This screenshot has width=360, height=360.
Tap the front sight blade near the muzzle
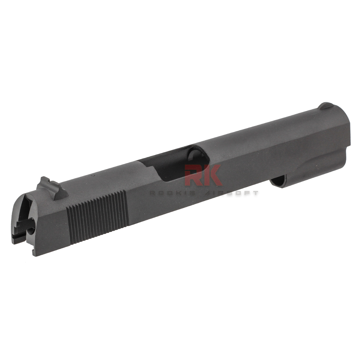pos(326,105)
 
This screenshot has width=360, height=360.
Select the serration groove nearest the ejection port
pos(125,208)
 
